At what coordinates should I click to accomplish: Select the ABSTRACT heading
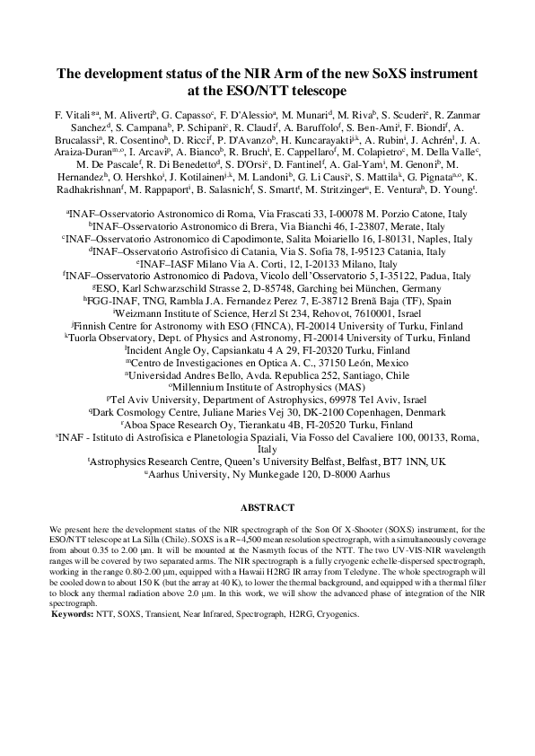pyautogui.click(x=267, y=506)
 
